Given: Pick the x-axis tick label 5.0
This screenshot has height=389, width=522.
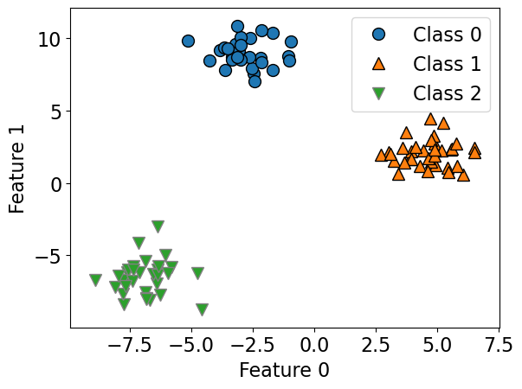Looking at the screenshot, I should [437, 344].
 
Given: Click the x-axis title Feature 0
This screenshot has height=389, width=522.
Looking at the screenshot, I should [285, 370].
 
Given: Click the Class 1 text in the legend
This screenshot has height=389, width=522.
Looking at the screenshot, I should [447, 64].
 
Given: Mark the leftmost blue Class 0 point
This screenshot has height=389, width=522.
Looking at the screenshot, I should [188, 41].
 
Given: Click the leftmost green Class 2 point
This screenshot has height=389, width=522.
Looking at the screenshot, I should [95, 280].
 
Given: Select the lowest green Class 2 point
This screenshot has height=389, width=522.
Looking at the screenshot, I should [202, 309].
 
